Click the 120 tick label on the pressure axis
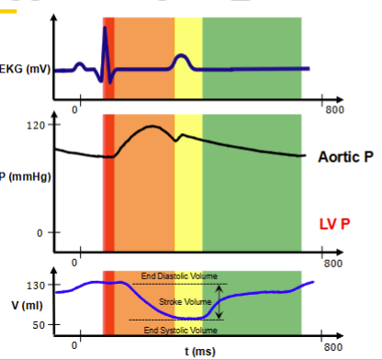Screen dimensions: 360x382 tap(37, 125)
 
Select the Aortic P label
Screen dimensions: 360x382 tap(345, 157)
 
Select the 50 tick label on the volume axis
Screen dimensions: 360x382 tap(38, 325)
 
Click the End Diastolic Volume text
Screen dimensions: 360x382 tap(179, 276)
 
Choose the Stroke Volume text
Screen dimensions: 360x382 tap(184, 301)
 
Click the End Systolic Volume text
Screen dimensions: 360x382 tap(180, 329)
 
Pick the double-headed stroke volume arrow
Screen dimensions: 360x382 tap(219, 302)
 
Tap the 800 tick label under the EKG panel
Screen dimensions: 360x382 tap(331, 109)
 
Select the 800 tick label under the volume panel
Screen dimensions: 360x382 tap(331, 347)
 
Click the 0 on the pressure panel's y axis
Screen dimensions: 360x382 tap(41, 232)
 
